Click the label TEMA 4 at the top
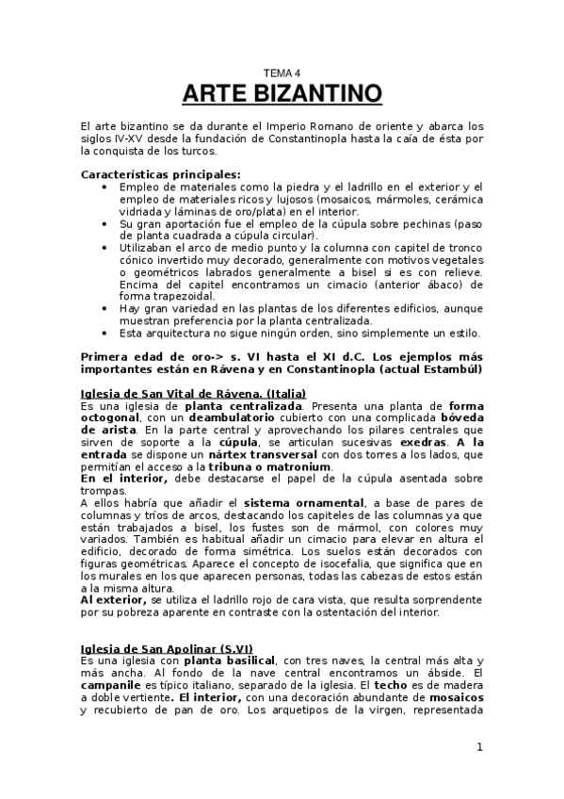click(282, 73)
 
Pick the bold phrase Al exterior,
click(114, 599)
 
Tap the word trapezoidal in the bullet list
click(162, 296)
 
